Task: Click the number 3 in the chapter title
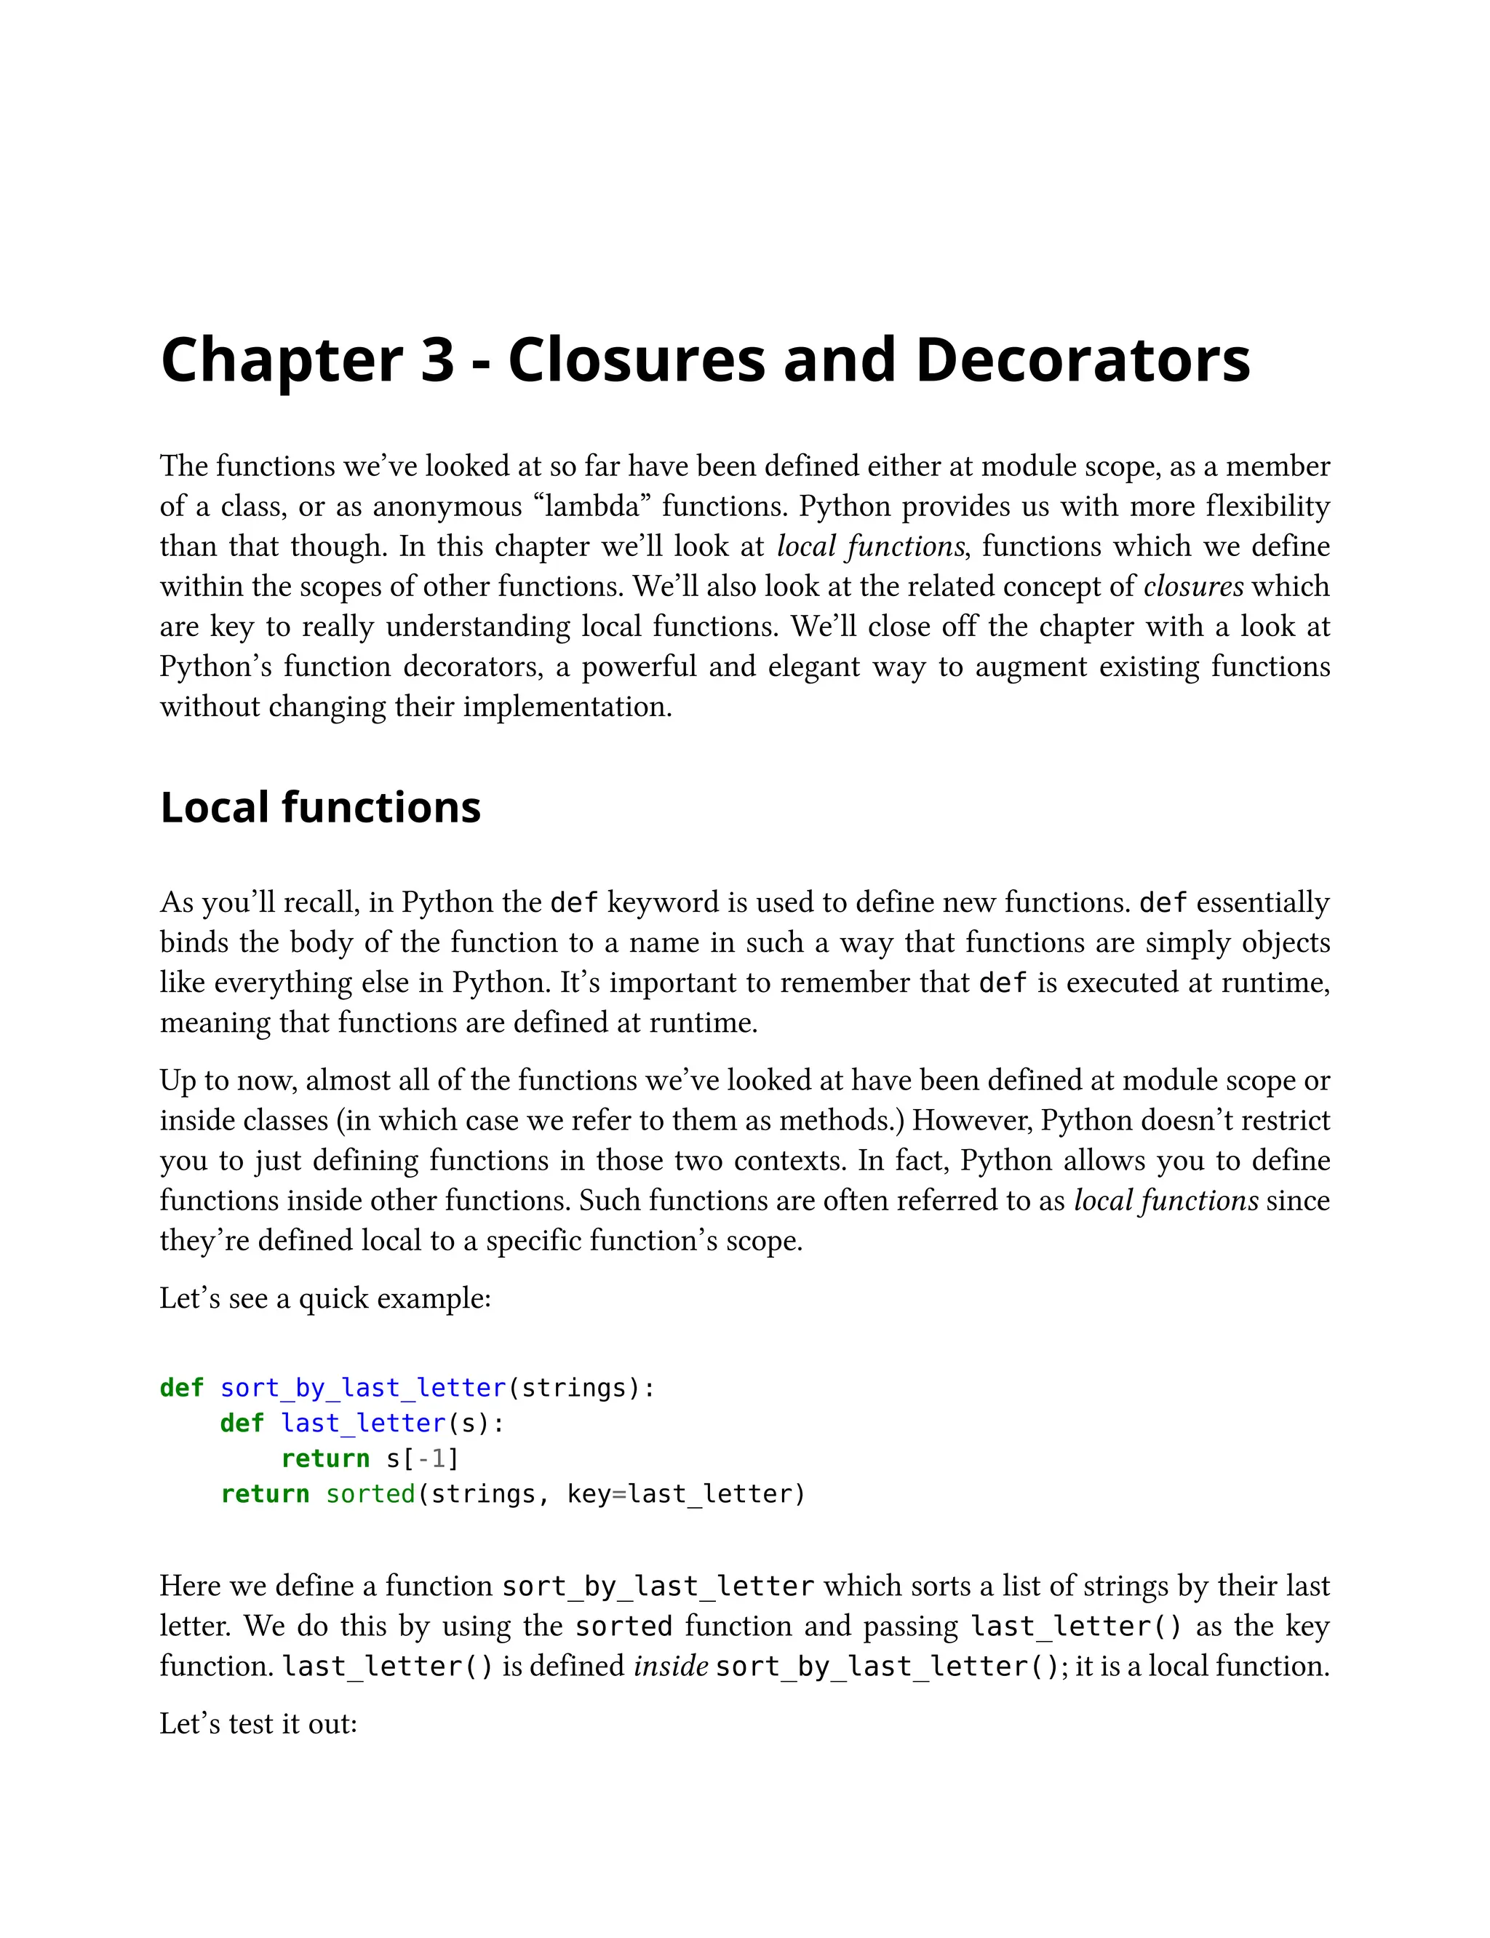click(x=437, y=360)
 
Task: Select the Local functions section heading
click(x=320, y=808)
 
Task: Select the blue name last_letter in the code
click(x=363, y=1423)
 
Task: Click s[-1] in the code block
click(x=422, y=1458)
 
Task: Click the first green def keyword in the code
click(x=182, y=1387)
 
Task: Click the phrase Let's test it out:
click(x=258, y=1723)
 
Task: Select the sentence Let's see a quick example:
click(x=324, y=1298)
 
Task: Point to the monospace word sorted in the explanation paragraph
click(x=624, y=1626)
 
